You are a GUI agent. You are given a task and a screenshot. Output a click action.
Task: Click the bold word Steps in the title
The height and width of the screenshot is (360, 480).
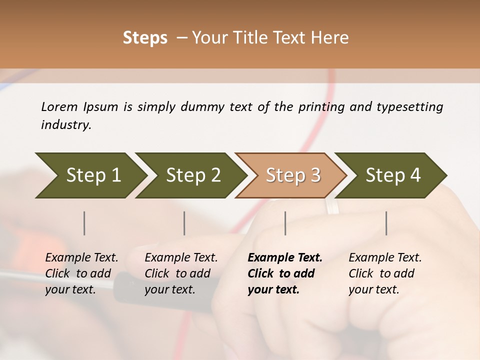click(x=145, y=38)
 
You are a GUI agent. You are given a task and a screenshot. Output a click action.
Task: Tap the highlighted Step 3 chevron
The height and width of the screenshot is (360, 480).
click(x=293, y=175)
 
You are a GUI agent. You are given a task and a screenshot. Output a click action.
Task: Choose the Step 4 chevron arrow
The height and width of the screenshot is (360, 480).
click(x=393, y=175)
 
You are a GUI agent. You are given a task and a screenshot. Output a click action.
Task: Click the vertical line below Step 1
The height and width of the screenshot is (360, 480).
click(x=84, y=223)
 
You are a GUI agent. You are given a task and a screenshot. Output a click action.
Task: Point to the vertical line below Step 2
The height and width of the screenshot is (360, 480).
click(x=184, y=223)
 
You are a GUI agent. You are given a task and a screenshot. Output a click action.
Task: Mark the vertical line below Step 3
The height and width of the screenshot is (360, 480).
click(x=285, y=223)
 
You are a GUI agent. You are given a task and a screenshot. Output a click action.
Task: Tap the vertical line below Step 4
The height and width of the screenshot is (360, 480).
click(x=386, y=223)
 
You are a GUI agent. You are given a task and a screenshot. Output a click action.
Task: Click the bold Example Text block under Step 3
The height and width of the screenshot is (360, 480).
click(x=285, y=273)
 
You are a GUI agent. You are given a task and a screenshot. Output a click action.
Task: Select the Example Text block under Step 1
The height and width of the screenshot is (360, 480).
click(x=81, y=273)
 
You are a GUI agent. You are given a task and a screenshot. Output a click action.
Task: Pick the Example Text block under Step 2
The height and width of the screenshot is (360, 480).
click(x=181, y=273)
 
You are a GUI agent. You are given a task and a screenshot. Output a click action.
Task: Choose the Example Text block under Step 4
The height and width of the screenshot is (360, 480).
click(x=385, y=273)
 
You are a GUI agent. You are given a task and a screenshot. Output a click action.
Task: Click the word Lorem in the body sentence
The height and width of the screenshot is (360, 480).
click(x=59, y=106)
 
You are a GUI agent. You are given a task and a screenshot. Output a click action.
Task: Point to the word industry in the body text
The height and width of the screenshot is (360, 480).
click(x=65, y=125)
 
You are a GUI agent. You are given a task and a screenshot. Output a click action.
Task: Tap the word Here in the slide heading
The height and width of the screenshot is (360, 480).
click(x=332, y=38)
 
